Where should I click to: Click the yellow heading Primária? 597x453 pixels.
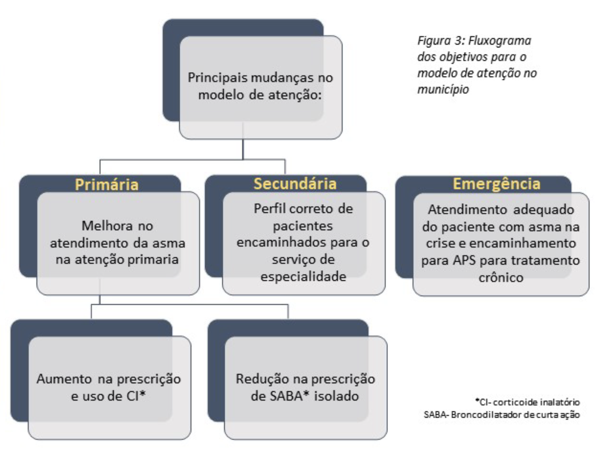tap(106, 185)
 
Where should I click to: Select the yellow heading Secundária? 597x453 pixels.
tap(295, 184)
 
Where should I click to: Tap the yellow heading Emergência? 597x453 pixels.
tap(497, 184)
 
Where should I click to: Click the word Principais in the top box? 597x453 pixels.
tap(218, 77)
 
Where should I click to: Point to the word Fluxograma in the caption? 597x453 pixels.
tap(500, 41)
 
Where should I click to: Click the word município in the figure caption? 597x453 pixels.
tap(443, 89)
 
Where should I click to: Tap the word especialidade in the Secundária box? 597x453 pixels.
tap(303, 276)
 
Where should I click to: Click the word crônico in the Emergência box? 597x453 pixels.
tap(501, 278)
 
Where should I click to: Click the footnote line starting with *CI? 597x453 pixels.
tap(527, 402)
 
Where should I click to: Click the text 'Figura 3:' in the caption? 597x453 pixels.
tap(440, 41)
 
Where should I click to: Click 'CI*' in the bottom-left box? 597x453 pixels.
tap(136, 396)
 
